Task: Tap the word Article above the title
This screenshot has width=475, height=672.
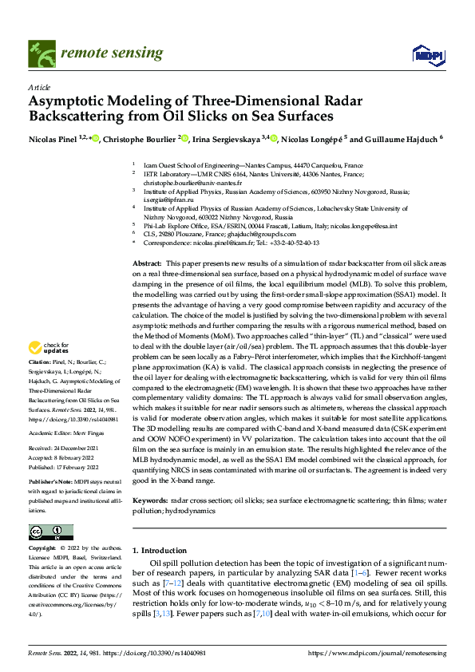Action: coord(38,87)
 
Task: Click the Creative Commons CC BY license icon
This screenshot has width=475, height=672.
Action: coord(51,532)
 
